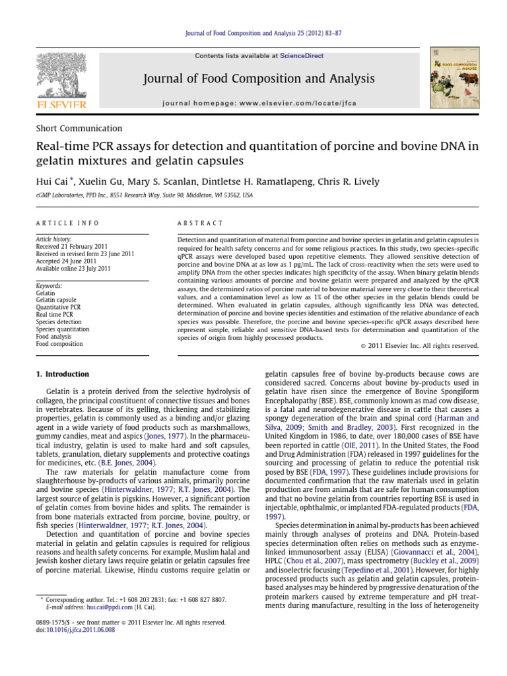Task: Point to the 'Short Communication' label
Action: click(x=79, y=129)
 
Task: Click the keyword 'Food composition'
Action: click(x=59, y=344)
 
